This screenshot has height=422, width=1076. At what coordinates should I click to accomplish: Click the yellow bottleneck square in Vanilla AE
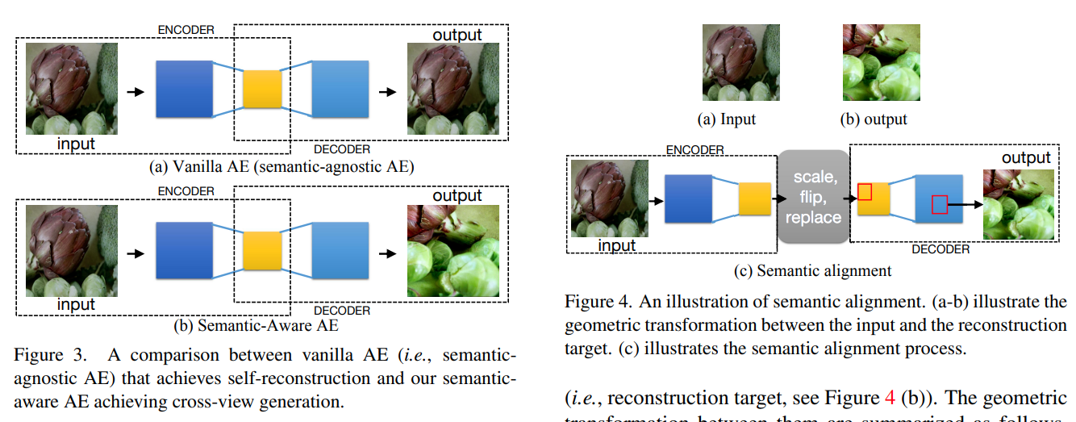[262, 90]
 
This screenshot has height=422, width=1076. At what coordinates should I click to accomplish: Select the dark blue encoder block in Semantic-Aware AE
[183, 252]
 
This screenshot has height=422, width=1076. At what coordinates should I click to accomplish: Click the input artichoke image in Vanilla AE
[72, 89]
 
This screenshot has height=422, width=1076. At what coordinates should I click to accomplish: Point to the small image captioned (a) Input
[729, 62]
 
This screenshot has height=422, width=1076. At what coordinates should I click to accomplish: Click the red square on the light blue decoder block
[939, 204]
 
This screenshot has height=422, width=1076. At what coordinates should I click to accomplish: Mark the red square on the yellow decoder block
[865, 191]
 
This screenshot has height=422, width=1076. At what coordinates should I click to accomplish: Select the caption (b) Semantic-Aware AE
[256, 326]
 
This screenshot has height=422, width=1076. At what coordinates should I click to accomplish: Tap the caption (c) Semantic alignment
[812, 271]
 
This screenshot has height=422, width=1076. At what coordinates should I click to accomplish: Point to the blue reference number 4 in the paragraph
[890, 399]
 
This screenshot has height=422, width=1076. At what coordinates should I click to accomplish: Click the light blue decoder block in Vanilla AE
[340, 90]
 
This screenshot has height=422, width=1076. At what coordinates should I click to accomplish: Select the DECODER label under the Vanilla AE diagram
[341, 149]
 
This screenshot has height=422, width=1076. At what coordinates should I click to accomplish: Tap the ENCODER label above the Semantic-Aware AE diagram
[186, 191]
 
